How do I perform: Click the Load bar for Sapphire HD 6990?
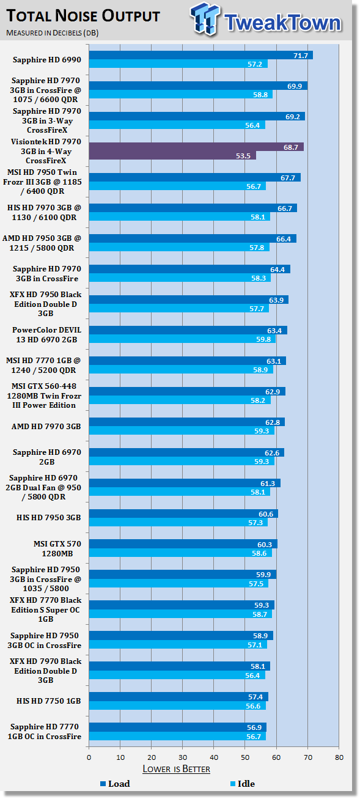click(201, 55)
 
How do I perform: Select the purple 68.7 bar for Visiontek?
click(196, 147)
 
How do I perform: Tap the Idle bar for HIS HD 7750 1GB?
click(177, 705)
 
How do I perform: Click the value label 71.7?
click(301, 55)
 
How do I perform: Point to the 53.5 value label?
click(243, 155)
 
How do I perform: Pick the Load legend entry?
click(115, 784)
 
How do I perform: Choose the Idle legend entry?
click(243, 784)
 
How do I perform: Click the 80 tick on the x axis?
click(339, 757)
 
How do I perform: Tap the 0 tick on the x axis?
click(89, 757)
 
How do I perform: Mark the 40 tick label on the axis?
click(214, 757)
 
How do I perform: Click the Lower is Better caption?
click(176, 769)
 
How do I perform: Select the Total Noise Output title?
click(83, 16)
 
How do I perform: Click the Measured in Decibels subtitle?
click(52, 33)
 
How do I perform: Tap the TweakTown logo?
click(266, 20)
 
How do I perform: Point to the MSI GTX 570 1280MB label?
click(57, 548)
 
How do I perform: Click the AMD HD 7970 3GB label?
click(46, 426)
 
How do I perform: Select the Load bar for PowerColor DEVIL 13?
click(188, 330)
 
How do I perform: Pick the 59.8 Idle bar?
click(182, 339)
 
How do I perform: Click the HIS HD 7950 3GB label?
click(48, 517)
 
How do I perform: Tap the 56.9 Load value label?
click(254, 727)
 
